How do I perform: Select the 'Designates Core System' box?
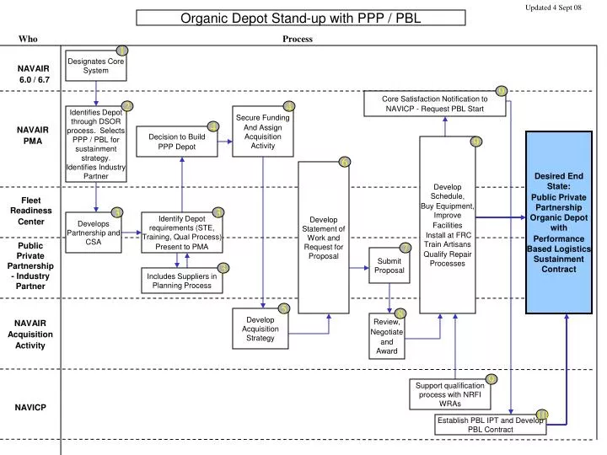tap(96, 66)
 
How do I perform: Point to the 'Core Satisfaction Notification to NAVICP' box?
tap(434, 104)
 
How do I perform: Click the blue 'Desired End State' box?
tap(564, 222)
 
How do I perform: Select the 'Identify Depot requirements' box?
tap(183, 231)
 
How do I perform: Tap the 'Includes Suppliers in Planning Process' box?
tap(182, 280)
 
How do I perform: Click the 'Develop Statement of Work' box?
tap(323, 237)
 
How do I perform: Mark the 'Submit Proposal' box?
tap(389, 265)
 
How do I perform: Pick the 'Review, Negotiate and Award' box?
tap(388, 337)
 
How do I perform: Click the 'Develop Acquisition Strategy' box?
tap(261, 328)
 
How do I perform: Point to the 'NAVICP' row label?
tap(30, 408)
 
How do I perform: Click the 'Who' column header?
tap(28, 39)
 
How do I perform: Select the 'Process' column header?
tap(298, 39)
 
